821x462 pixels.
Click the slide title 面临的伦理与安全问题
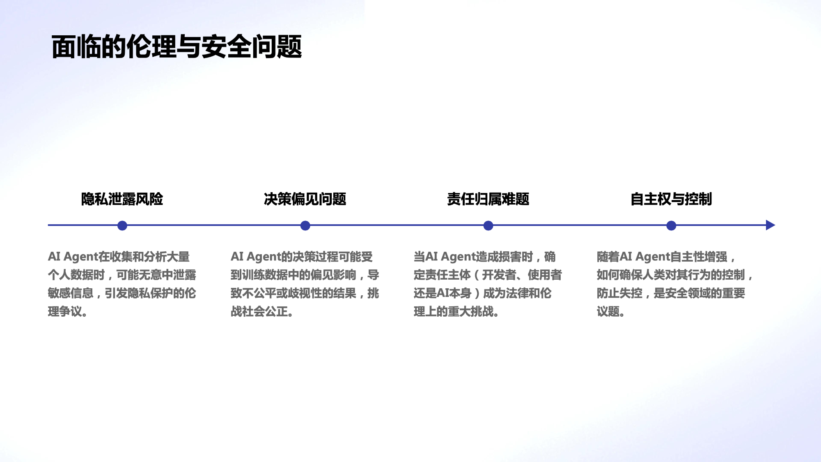point(177,47)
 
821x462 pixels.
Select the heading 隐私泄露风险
point(122,199)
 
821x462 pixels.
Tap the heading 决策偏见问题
point(305,199)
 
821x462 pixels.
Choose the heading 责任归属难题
point(488,199)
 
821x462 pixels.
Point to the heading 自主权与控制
point(671,199)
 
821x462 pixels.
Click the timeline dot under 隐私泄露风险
point(122,225)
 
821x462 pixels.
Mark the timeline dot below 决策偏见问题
point(305,225)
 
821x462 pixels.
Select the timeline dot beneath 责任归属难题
point(488,225)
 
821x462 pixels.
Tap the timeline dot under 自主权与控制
point(672,225)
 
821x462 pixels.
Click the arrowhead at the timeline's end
point(770,225)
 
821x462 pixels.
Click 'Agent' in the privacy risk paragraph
point(81,257)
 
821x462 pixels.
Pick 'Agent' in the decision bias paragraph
point(264,257)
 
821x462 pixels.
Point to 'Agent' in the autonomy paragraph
point(653,257)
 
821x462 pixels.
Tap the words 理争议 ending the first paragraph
point(65,312)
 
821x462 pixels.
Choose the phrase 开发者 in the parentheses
point(499,275)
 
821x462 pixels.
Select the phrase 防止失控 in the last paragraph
point(619,293)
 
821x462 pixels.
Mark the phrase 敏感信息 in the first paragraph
point(71,293)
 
